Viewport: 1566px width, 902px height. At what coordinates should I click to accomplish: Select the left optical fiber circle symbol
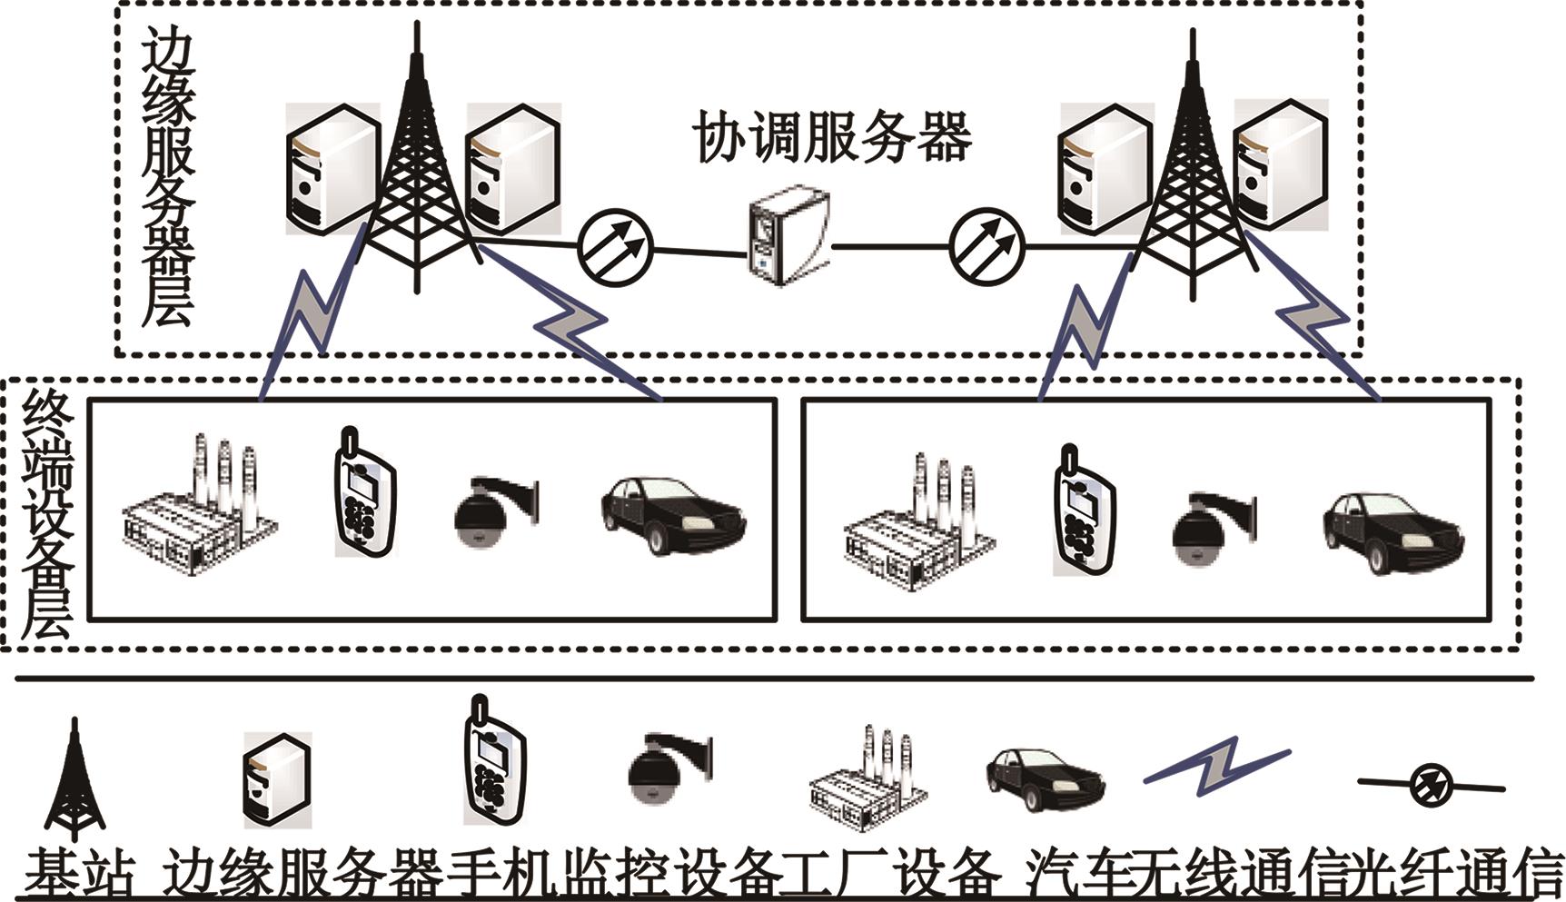click(x=615, y=245)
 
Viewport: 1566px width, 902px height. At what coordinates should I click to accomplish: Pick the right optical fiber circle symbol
click(x=986, y=245)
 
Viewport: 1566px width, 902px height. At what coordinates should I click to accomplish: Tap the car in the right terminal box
click(x=1393, y=530)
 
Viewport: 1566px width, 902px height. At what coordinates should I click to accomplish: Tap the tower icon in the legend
click(x=74, y=778)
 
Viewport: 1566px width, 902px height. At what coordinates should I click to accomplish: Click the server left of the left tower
click(x=332, y=168)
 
